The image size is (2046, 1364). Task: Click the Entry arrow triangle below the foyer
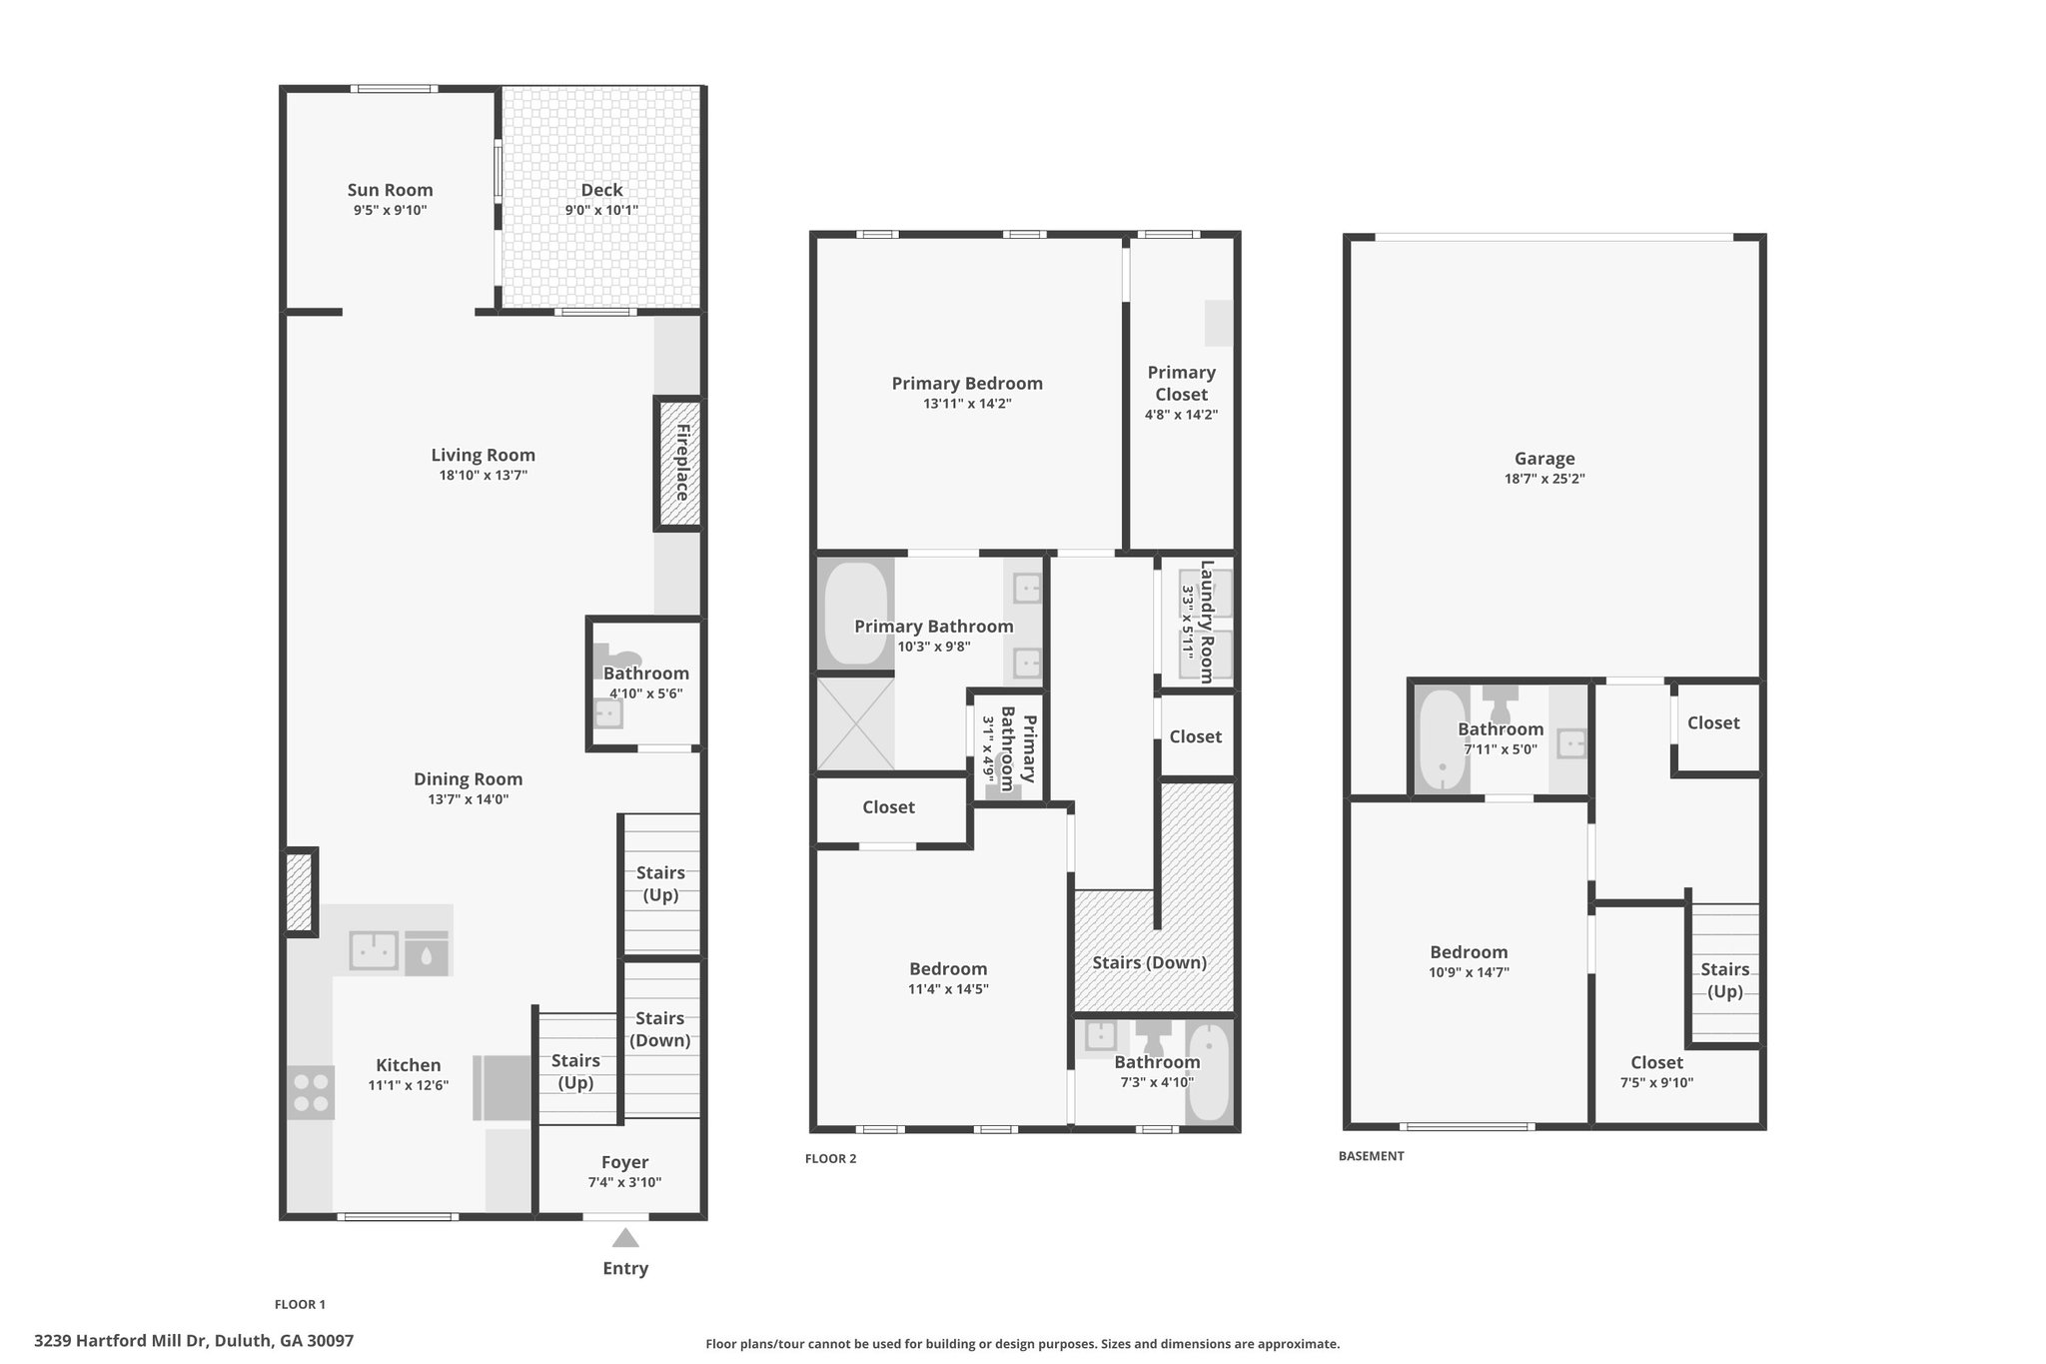click(x=625, y=1238)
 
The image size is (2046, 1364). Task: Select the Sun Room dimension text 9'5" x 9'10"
click(x=391, y=210)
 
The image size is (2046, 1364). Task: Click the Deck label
click(x=601, y=190)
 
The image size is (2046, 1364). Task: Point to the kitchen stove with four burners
click(x=311, y=1092)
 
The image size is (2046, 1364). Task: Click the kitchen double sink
click(x=374, y=950)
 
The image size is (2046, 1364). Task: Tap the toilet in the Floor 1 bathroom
click(x=616, y=658)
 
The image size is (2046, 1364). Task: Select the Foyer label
click(x=624, y=1162)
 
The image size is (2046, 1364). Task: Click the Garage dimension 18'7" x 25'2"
click(x=1544, y=479)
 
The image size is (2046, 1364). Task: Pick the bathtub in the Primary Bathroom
click(x=855, y=614)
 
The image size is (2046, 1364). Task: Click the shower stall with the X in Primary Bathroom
click(x=855, y=723)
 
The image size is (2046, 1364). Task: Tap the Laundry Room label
click(x=1207, y=622)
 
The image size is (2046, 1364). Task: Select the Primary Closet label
click(x=1181, y=383)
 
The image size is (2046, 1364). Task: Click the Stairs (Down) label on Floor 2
click(x=1149, y=962)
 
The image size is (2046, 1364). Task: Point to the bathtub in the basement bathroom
click(x=1441, y=739)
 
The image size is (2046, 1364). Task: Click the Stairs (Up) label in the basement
click(x=1724, y=980)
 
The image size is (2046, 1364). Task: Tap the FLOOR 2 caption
click(x=831, y=1159)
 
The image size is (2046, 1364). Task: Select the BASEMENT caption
click(x=1372, y=1156)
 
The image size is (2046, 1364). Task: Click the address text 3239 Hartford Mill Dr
click(x=121, y=1341)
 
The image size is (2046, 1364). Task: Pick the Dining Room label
click(x=469, y=779)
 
